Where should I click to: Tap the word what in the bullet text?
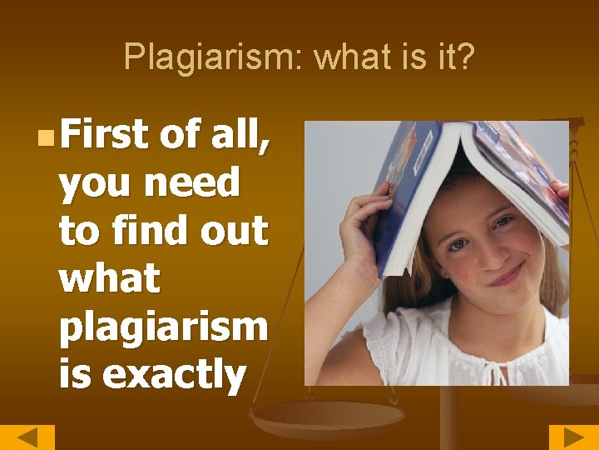(x=109, y=278)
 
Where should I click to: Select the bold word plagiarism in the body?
(x=163, y=327)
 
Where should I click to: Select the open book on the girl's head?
(x=466, y=167)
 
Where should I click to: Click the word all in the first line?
(x=236, y=133)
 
